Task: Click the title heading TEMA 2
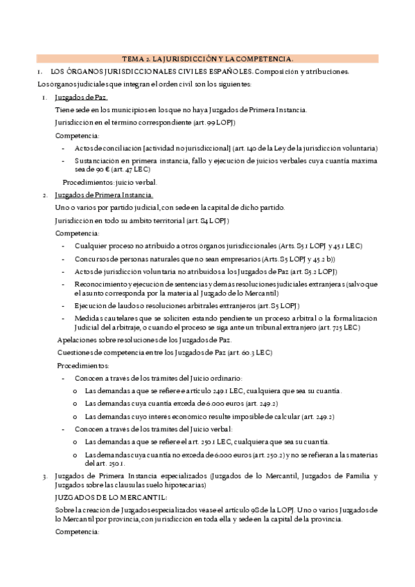(207, 59)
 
